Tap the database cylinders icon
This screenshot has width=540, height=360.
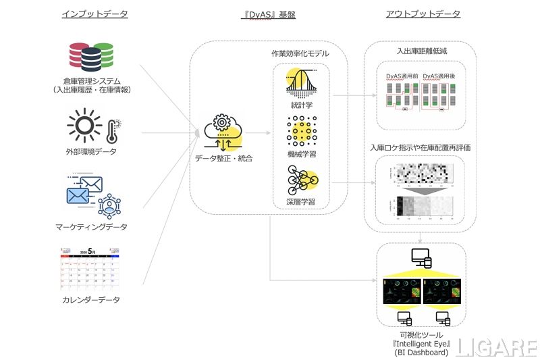(92, 59)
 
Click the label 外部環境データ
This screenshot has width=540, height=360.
(94, 151)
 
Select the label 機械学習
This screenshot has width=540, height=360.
(300, 154)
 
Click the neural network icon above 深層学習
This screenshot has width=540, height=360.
(300, 180)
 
